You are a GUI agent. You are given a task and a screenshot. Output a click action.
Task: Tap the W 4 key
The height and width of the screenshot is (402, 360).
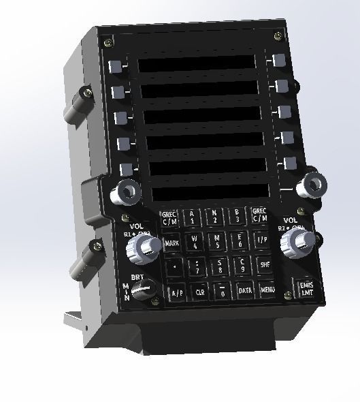pos(195,241)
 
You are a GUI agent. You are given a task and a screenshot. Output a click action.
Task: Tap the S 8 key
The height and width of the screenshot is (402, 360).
pos(220,265)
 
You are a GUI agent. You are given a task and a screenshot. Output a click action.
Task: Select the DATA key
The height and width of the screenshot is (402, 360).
pos(245,290)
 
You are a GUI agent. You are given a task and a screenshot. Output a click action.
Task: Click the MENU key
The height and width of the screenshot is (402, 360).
pos(267,290)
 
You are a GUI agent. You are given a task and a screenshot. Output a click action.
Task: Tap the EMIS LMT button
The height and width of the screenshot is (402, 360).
pos(303,288)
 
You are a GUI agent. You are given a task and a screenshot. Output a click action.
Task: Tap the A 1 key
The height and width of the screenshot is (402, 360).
pos(193,217)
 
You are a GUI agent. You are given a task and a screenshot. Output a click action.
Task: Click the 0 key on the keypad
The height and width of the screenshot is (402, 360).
pos(223,292)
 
